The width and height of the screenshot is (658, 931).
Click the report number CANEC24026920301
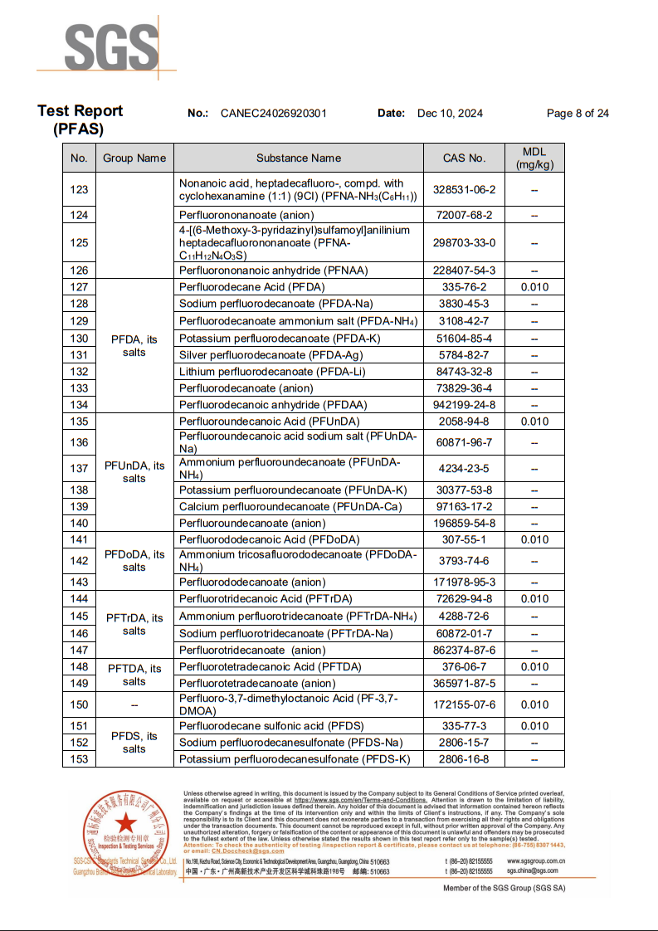[274, 114]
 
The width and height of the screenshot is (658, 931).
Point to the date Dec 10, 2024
[450, 114]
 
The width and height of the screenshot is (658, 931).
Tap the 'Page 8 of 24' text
[578, 114]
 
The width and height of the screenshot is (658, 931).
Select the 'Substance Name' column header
[299, 158]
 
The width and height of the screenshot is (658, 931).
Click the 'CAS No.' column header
[465, 158]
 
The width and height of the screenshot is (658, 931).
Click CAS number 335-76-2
[465, 287]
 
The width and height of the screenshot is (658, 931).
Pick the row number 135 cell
[79, 422]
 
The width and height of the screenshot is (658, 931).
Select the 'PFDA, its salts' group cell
[134, 346]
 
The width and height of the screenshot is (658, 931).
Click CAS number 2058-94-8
[465, 422]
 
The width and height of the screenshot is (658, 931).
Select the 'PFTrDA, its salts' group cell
[134, 624]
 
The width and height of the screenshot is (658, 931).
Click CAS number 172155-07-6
[465, 704]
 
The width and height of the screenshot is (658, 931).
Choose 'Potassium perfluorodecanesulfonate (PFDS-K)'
[295, 759]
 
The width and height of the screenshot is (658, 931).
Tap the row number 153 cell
[79, 759]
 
